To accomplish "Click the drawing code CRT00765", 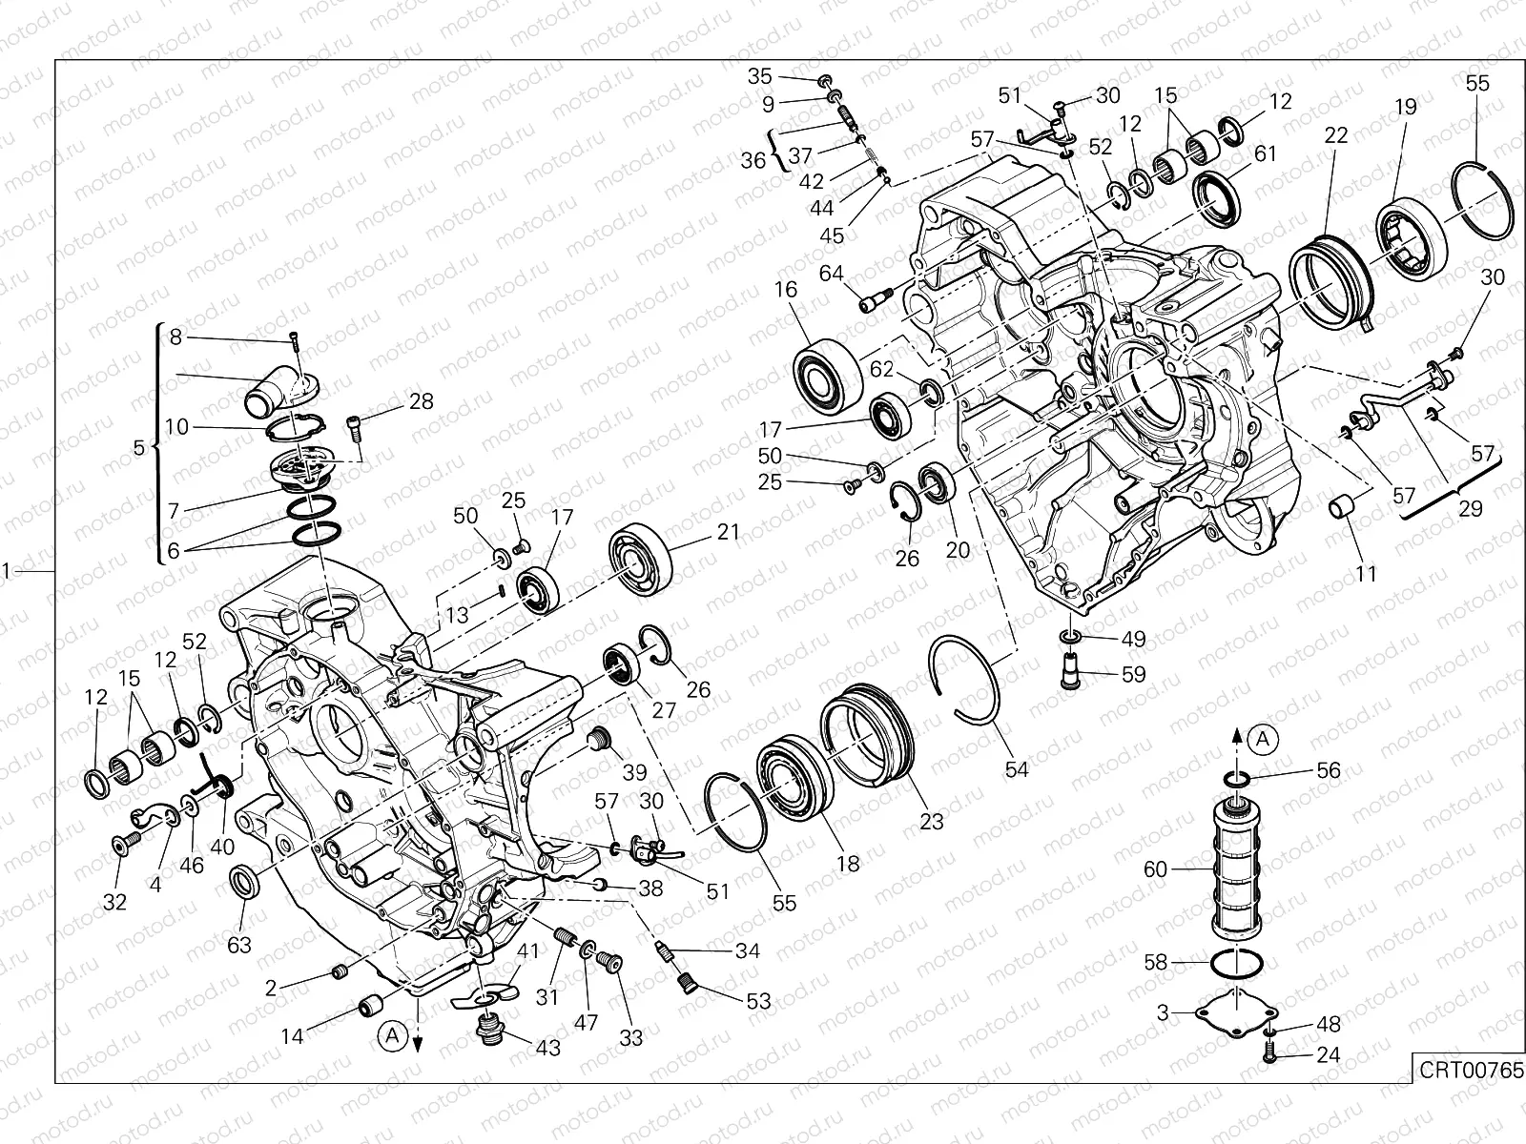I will [x=1469, y=1069].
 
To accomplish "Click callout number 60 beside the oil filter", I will [x=1155, y=869].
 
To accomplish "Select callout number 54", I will [x=1018, y=768].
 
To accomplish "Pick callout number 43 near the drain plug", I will [x=547, y=1047].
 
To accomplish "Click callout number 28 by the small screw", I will [x=421, y=402].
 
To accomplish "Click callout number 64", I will [x=831, y=274].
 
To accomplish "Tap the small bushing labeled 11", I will [x=1343, y=507].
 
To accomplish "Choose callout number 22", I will [x=1336, y=135].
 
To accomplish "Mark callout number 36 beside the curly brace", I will [x=753, y=160].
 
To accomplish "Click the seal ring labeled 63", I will [x=245, y=882].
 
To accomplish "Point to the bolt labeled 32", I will [x=124, y=843].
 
